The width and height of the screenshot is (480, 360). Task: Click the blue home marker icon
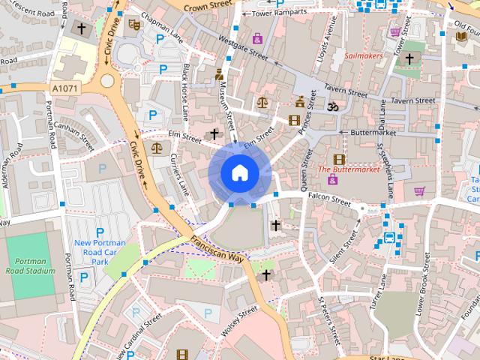point(238,172)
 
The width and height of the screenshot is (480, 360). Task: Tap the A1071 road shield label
point(65,88)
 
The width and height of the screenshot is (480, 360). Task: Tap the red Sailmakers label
point(364,55)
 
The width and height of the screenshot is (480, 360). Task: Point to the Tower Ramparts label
point(280,13)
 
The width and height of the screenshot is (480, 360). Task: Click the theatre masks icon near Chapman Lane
point(135,24)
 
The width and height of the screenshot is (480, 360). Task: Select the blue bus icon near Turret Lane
point(389,238)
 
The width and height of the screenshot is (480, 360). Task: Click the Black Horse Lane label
point(185,91)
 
